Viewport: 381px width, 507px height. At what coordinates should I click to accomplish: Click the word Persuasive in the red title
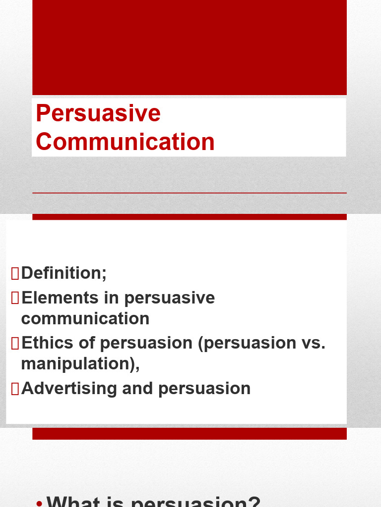pos(98,114)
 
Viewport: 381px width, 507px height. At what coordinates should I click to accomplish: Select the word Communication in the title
pos(125,142)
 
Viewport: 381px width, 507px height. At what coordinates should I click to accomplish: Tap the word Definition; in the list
pos(64,273)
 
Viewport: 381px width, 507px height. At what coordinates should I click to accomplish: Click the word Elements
pos(54,298)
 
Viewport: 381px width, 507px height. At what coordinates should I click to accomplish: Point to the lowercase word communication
pos(85,318)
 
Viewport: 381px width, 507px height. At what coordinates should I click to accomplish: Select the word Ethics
pos(47,343)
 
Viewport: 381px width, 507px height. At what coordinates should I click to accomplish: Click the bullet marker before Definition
pos(15,273)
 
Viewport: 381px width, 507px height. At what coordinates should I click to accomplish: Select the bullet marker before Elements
pos(15,298)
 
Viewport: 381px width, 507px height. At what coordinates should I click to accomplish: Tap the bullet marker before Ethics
pos(15,343)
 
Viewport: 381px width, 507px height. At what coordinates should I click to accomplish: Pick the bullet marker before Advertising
pos(15,389)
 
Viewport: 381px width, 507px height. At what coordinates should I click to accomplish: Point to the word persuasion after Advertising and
pos(204,388)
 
